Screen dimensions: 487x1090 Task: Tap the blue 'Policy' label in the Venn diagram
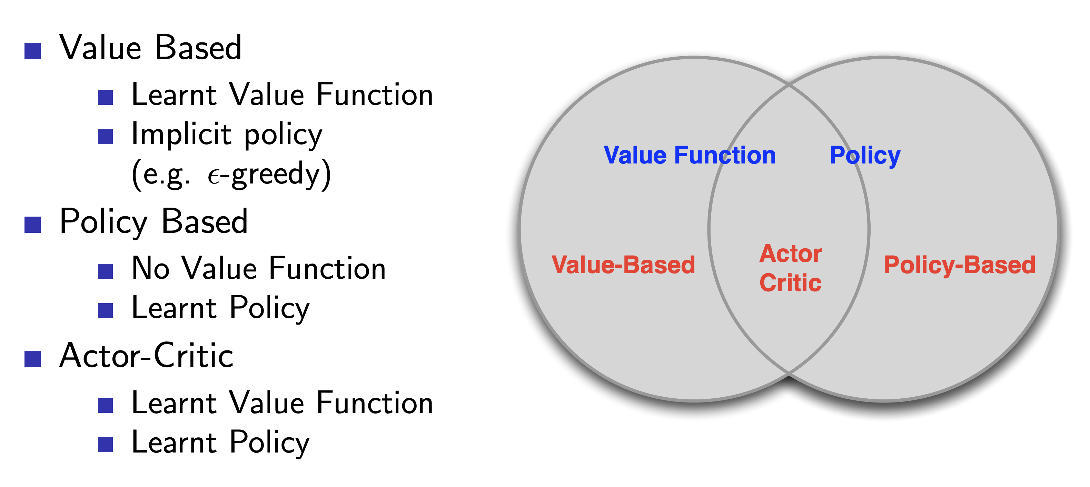click(865, 155)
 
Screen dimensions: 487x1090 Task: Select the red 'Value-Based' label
click(623, 265)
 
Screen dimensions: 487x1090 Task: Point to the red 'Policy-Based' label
click(959, 265)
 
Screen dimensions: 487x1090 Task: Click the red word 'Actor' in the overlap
click(790, 254)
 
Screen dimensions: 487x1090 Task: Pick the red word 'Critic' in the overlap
click(790, 282)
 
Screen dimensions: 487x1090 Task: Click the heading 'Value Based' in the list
click(150, 48)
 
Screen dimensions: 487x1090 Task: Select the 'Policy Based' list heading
click(153, 221)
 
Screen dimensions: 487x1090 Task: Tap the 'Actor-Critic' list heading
click(146, 355)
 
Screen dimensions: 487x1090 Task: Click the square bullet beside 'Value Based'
click(32, 51)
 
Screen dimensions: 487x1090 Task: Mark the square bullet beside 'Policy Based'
click(32, 225)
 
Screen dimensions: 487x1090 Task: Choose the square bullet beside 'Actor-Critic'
click(32, 359)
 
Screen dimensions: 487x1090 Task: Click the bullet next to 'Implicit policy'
click(105, 137)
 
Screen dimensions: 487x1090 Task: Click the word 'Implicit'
click(181, 134)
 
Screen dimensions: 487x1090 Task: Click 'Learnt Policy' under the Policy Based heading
click(220, 308)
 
